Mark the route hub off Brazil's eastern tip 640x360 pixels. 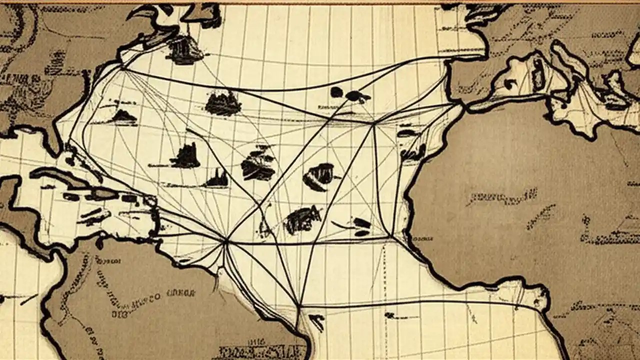pyautogui.click(x=298, y=304)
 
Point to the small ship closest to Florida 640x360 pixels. pyautogui.click(x=123, y=117)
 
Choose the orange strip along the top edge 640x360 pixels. pyautogui.click(x=320, y=2)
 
